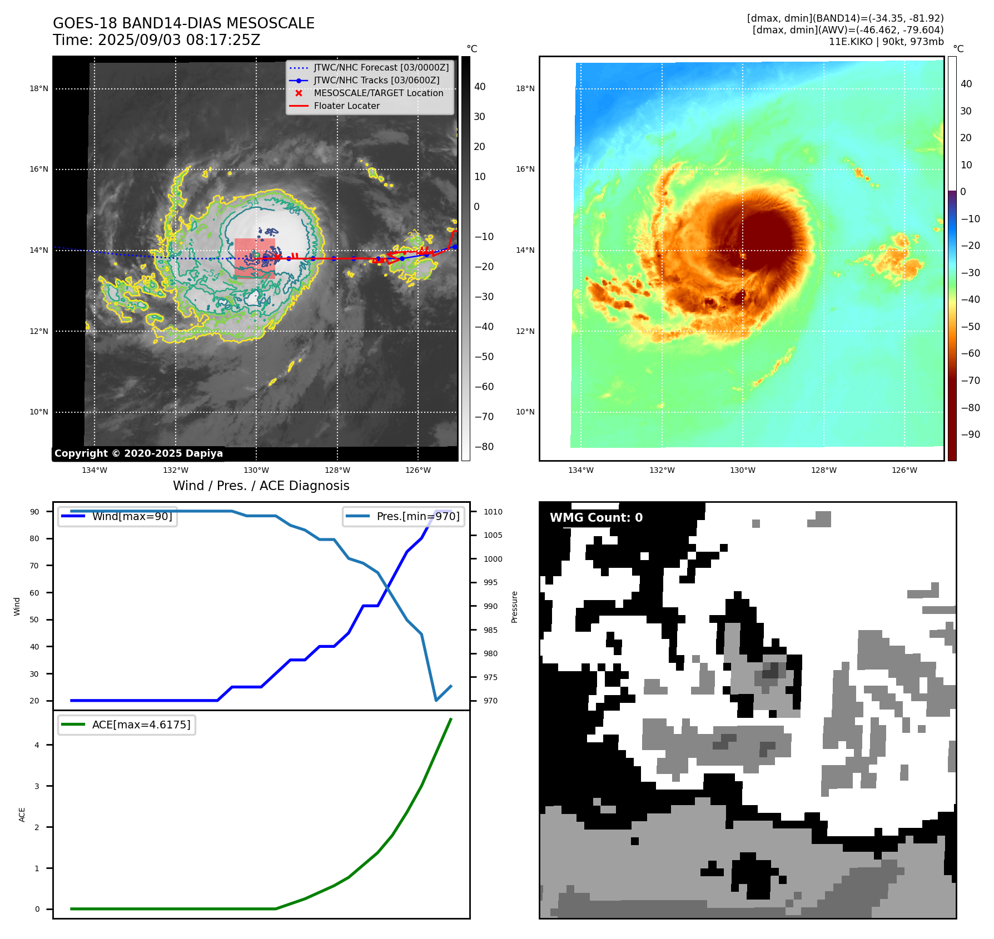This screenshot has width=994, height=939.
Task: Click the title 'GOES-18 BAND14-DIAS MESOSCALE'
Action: tap(183, 23)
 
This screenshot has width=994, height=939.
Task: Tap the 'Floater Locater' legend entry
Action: tap(346, 106)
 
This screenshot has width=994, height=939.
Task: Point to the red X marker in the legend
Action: tap(299, 93)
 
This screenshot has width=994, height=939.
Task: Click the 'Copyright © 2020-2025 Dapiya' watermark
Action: tap(138, 453)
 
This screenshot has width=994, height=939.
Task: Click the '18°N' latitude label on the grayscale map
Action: tap(39, 88)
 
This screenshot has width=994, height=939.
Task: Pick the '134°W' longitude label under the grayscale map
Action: tap(95, 470)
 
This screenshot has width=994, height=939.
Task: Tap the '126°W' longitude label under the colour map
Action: tap(904, 470)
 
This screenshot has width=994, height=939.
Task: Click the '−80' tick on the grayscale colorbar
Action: tap(484, 447)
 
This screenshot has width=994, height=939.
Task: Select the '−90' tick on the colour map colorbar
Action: tap(970, 434)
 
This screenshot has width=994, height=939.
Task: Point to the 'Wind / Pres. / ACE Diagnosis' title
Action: tap(261, 486)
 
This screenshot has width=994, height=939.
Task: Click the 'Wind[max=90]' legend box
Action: tap(118, 516)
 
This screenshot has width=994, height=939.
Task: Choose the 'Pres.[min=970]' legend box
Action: tap(404, 516)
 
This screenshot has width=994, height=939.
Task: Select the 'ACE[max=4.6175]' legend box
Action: tap(127, 725)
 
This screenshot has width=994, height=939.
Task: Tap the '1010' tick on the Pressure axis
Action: tap(493, 512)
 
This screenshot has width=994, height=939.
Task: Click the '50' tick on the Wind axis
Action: tap(34, 620)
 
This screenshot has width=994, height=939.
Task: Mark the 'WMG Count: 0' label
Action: tap(596, 518)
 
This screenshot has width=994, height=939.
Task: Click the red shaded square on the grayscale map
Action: tap(255, 258)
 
